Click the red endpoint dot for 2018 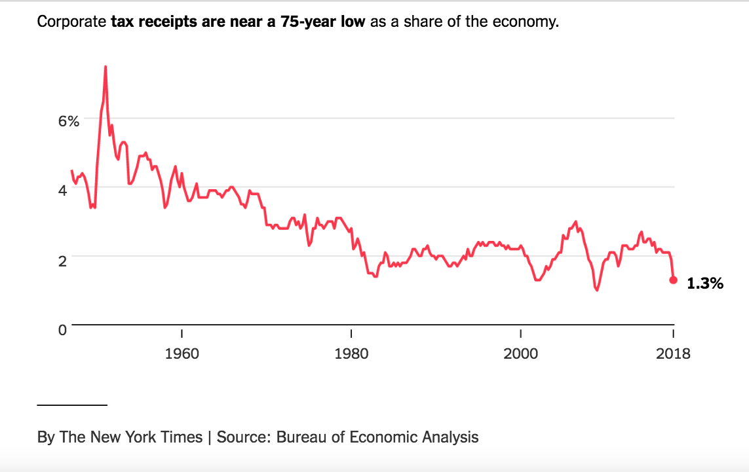[x=673, y=280]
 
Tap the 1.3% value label [x=705, y=283]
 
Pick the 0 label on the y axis [x=62, y=330]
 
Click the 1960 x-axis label [x=182, y=354]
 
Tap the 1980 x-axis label [x=352, y=354]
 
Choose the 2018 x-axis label [x=673, y=354]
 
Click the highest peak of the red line [x=105, y=67]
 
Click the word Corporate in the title [x=71, y=22]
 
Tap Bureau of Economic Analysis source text [x=377, y=437]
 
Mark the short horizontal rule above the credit [x=72, y=405]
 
